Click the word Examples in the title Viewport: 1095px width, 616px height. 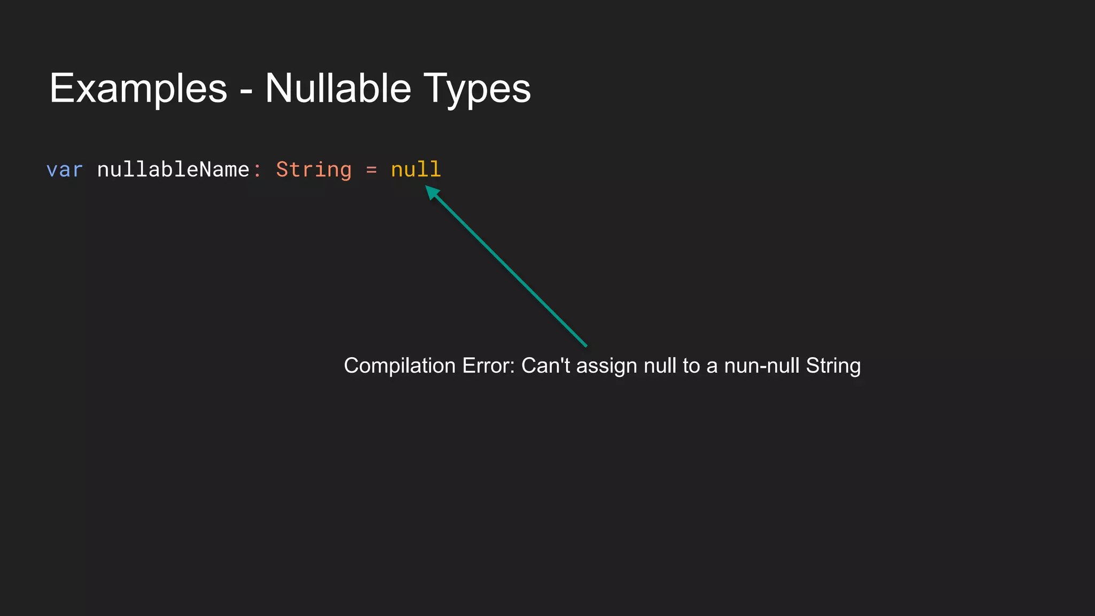point(138,89)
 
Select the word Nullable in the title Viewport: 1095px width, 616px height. point(338,89)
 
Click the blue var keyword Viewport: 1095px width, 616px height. point(64,170)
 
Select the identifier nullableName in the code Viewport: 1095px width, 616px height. point(173,170)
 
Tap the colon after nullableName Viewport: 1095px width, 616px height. point(257,171)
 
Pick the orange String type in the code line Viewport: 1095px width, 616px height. point(314,170)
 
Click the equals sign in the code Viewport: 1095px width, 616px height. point(371,171)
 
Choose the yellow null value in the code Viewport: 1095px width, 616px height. point(415,170)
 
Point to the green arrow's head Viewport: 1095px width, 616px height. point(431,191)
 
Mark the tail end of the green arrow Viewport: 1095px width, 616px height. point(585,345)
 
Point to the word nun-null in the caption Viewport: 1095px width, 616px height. point(762,366)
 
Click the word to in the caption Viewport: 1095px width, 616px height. point(691,366)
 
